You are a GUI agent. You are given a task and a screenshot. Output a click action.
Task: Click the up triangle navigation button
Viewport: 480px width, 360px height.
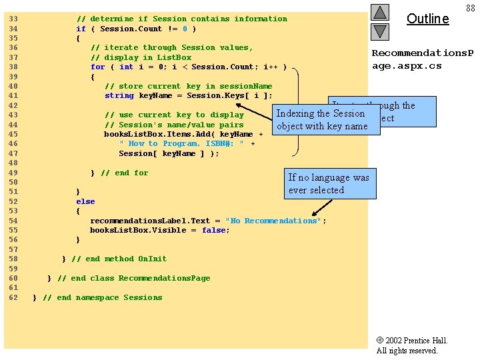(379, 12)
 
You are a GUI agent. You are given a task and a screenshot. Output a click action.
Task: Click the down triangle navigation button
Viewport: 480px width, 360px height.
(379, 31)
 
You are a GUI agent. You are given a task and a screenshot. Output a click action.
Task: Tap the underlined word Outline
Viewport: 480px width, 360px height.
(427, 19)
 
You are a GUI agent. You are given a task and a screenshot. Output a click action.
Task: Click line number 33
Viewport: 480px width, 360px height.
(13, 19)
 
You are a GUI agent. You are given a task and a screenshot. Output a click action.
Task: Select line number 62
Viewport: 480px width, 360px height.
(13, 297)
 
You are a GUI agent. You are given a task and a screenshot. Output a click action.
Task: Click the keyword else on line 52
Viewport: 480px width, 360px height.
(85, 201)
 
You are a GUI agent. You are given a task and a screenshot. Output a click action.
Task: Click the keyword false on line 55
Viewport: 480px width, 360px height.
(215, 230)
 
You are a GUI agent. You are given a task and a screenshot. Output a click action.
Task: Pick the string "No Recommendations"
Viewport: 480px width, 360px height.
(274, 221)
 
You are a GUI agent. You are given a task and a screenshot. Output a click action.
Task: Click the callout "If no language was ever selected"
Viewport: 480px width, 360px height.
(328, 183)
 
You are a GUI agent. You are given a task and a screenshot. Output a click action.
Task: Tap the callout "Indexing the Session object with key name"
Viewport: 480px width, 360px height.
(322, 119)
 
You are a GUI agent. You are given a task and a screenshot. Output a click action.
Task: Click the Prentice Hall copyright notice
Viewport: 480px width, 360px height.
(411, 345)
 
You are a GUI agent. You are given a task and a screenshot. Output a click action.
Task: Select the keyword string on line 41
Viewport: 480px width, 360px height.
(119, 95)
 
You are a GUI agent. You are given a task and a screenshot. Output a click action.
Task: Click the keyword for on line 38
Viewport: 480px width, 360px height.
(97, 67)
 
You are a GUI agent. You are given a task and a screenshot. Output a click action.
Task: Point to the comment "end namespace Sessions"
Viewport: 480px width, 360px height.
(103, 297)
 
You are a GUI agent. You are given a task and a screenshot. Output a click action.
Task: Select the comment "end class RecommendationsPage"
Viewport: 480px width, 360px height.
(133, 278)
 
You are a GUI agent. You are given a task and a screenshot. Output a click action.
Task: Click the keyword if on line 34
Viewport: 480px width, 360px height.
(81, 29)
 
